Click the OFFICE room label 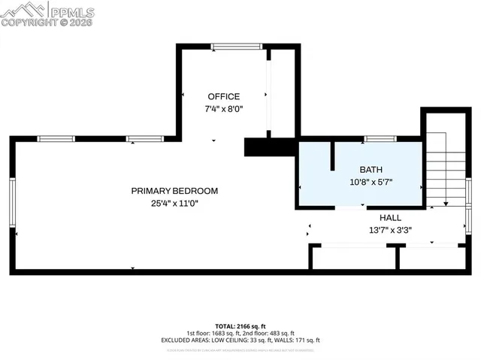pos(223,96)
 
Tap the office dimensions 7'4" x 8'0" pos(223,109)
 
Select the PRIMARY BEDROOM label pos(174,191)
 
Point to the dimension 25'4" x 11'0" pos(174,203)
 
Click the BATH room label pos(371,169)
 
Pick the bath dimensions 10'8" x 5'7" pos(371,181)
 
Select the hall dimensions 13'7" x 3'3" pos(389,230)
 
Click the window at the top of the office pos(236,47)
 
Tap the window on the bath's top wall pos(380,139)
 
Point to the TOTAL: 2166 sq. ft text pos(240,326)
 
